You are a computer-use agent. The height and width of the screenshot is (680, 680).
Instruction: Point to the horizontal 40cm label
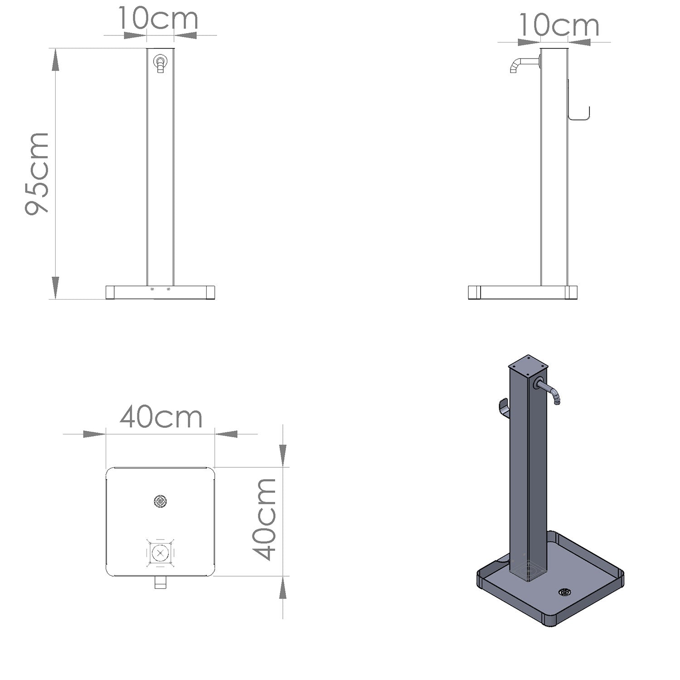coord(161,418)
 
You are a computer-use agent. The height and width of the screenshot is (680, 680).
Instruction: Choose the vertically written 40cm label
coord(265,519)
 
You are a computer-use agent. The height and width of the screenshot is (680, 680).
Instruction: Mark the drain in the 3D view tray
coord(564,592)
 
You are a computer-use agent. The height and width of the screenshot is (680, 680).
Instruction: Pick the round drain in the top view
coord(160,501)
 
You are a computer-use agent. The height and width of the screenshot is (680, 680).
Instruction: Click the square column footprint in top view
coord(160,553)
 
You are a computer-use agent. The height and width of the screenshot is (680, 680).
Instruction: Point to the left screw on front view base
coord(152,289)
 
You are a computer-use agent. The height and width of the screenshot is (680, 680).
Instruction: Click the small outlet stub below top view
coord(160,583)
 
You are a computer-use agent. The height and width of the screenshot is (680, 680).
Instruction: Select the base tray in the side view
coord(522,292)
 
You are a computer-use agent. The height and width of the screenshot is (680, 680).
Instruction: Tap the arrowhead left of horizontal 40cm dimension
coord(94,434)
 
